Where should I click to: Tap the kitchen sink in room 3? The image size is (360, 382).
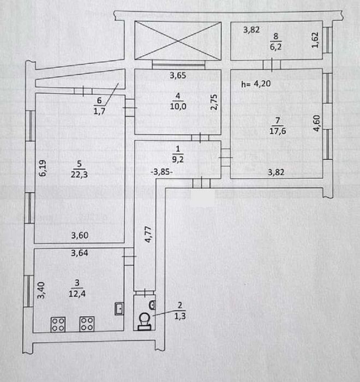coord(119,309)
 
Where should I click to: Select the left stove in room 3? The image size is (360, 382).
coord(58,324)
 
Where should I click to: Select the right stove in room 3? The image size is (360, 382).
coord(87,324)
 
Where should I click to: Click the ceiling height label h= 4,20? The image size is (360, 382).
coord(255,84)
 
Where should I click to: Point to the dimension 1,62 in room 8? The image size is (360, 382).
coord(315,41)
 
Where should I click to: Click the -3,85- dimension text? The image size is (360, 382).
coord(163,171)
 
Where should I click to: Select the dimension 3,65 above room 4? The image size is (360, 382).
coord(178,76)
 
